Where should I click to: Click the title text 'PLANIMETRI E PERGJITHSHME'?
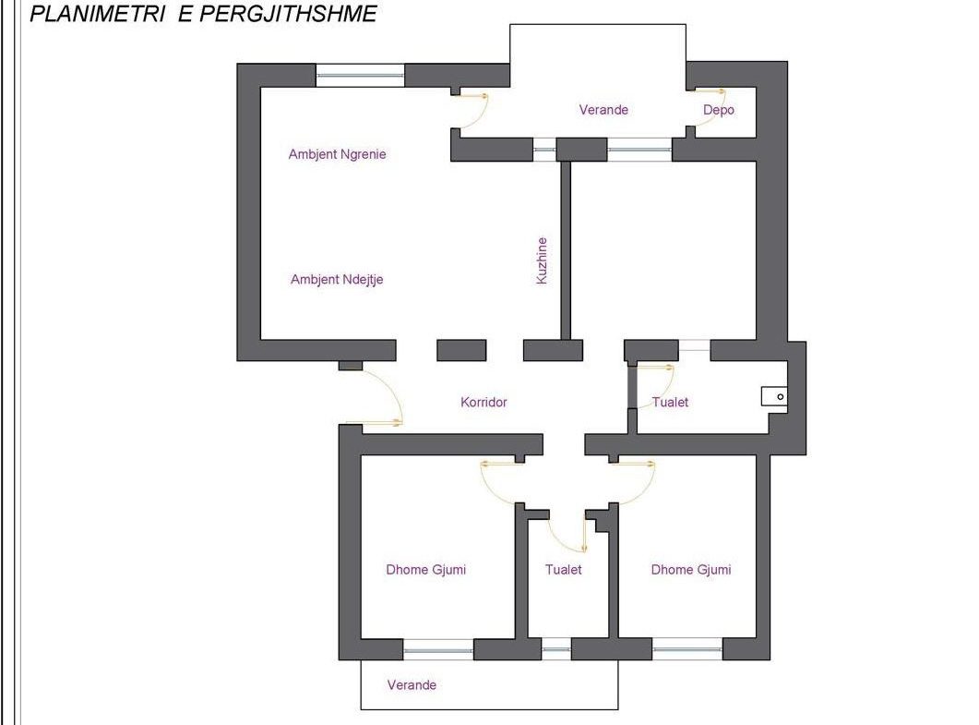click(x=203, y=14)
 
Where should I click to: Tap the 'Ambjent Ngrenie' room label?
click(x=337, y=154)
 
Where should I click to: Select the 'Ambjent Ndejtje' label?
click(x=337, y=279)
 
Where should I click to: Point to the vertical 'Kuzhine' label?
click(x=542, y=260)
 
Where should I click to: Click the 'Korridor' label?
click(x=484, y=402)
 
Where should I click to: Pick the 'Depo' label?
click(x=719, y=110)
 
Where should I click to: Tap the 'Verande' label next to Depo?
click(x=603, y=110)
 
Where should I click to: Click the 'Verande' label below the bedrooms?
click(x=412, y=685)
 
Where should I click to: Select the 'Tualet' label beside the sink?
click(x=671, y=402)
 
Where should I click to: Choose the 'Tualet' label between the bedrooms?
click(x=563, y=569)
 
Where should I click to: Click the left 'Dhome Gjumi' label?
click(x=425, y=569)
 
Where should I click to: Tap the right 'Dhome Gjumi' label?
click(x=691, y=569)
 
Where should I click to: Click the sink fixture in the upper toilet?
click(x=774, y=396)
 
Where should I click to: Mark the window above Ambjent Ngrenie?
click(x=360, y=76)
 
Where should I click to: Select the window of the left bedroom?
click(x=438, y=649)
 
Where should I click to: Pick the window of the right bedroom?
click(x=687, y=649)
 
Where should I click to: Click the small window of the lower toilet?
click(x=555, y=649)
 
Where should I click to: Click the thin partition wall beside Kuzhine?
click(x=566, y=250)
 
